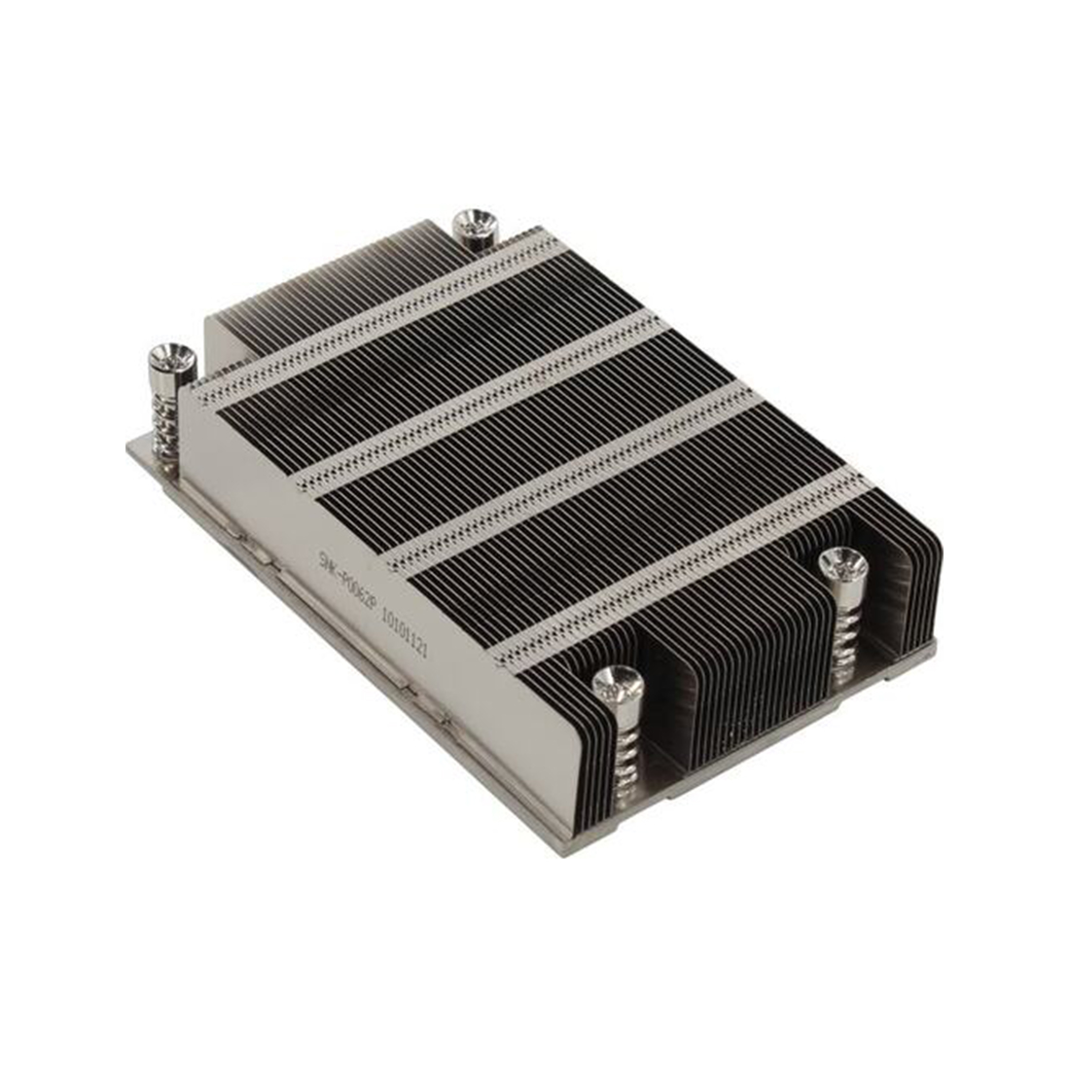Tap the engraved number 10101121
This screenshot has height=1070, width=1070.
[404, 635]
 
